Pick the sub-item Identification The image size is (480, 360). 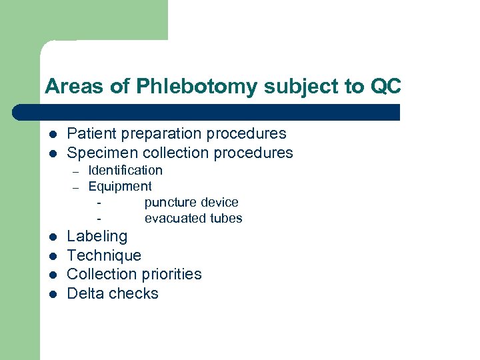point(125,170)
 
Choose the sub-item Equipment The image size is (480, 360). point(120,186)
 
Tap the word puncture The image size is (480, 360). point(168,202)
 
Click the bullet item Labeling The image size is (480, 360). point(97,236)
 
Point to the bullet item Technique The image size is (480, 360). point(104,255)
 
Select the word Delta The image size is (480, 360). point(85,293)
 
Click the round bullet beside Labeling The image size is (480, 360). point(51,237)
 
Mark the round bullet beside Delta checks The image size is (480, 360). point(51,294)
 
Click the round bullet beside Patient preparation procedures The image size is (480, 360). point(51,134)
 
